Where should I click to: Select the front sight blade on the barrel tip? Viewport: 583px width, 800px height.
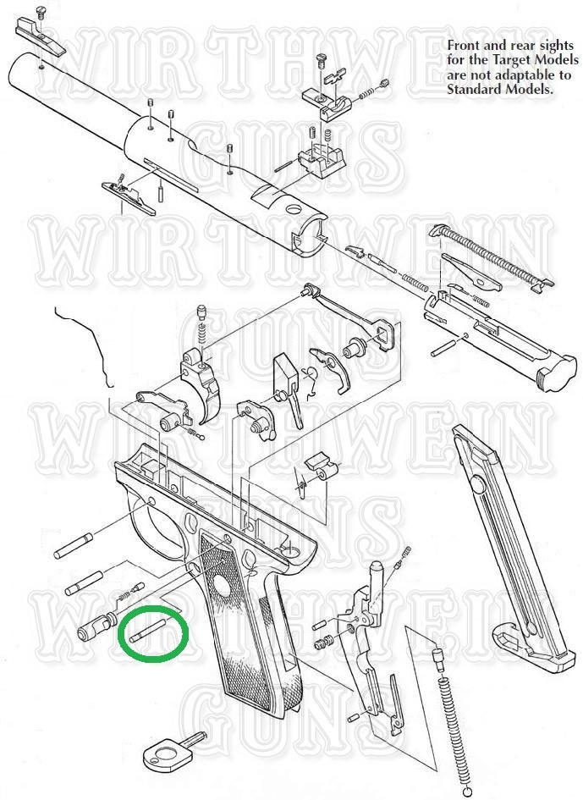pos(41,36)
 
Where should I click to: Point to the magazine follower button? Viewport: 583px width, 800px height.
pos(477,483)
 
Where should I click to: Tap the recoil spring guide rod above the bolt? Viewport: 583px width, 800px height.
pos(489,253)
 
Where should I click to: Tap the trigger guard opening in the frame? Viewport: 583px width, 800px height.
pos(158,526)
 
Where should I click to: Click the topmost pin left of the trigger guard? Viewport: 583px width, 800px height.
pos(74,545)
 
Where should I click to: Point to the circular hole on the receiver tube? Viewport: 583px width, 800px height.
pos(294,209)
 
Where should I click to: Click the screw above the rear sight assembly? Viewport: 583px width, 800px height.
pos(322,61)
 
